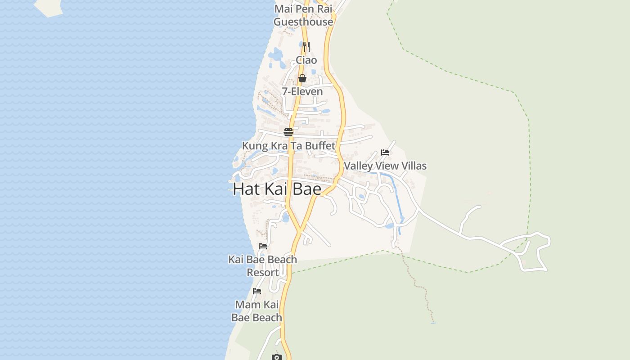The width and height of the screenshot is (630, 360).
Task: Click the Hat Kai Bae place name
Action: pos(277,189)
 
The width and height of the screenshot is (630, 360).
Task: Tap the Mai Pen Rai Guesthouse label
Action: pos(303,15)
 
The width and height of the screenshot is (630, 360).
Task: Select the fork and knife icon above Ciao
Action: pos(306,46)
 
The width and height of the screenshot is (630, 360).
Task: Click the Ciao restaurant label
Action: pos(306,60)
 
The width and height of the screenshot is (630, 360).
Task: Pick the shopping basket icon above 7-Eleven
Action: pos(302,78)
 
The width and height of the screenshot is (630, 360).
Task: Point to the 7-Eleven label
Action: pos(302,92)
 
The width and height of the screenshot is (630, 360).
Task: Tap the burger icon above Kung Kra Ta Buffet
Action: pos(288,132)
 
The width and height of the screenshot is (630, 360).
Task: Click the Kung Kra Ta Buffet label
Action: pos(288,146)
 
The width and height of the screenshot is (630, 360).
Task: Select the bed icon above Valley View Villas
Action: pos(385,153)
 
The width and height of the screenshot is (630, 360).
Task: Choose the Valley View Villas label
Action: pos(385,166)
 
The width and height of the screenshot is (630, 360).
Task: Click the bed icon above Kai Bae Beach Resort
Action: pos(263,246)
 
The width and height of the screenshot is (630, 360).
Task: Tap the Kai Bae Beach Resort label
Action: pos(263,266)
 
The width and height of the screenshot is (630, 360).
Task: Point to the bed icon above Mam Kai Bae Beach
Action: pos(257,291)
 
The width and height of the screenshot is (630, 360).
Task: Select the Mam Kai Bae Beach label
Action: pos(257,311)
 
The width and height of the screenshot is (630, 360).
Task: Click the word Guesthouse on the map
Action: pos(303,22)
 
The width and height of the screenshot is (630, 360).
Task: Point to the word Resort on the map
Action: pos(263,273)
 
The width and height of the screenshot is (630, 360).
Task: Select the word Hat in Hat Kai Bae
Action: pos(247,189)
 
